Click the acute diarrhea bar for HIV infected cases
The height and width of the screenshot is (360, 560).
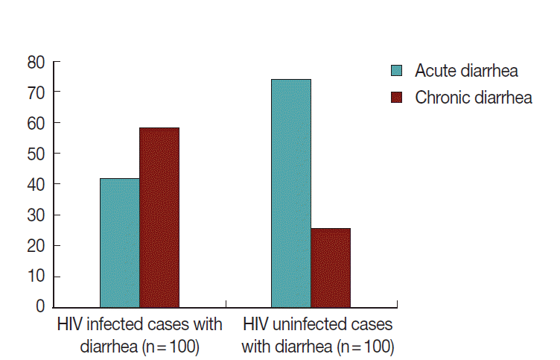119,242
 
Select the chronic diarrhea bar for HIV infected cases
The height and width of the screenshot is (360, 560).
159,217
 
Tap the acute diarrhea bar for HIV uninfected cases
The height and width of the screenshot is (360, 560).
291,192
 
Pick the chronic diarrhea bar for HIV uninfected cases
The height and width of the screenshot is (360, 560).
331,267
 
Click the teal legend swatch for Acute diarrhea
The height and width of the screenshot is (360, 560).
397,71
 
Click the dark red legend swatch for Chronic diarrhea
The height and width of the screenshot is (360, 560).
397,98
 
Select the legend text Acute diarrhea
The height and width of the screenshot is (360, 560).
466,71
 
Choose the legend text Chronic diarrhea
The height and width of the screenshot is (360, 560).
473,98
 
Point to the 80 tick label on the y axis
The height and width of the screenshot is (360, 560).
36,61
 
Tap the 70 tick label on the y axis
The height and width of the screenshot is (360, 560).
36,92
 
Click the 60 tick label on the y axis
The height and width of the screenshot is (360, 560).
36,122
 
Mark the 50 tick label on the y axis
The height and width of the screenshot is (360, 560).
36,154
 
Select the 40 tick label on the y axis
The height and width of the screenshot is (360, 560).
36,184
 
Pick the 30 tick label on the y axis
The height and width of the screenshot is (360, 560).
36,215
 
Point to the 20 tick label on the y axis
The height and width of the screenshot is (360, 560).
36,245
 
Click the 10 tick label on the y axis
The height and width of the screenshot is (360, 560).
36,276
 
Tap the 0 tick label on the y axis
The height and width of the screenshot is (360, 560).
41,306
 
